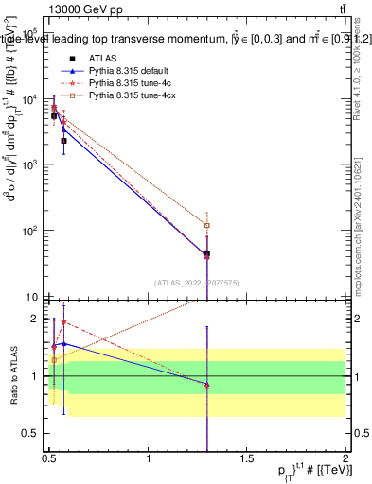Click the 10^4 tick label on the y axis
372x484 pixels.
pyautogui.click(x=30, y=100)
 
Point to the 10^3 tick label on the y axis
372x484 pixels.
pyautogui.click(x=30, y=165)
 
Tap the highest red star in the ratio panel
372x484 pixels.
pyautogui.click(x=63, y=322)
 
